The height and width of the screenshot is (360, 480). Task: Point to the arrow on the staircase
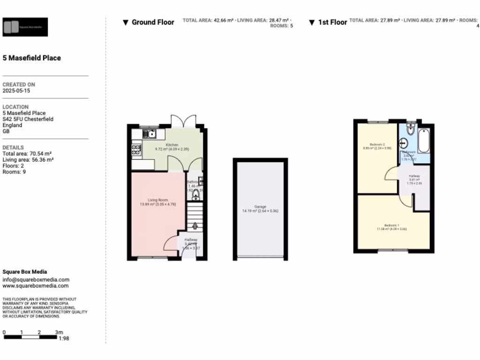pyautogui.click(x=195, y=224)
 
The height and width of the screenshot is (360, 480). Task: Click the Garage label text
pyautogui.click(x=260, y=207)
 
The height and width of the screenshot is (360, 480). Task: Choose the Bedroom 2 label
pyautogui.click(x=377, y=144)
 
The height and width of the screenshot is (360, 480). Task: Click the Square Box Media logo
pyautogui.click(x=25, y=27)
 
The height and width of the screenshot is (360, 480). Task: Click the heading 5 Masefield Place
pyautogui.click(x=32, y=58)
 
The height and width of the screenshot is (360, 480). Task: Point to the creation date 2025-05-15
pyautogui.click(x=16, y=91)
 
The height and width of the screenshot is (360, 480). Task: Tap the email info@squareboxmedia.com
pyautogui.click(x=36, y=280)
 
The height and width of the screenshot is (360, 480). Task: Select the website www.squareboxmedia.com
pyautogui.click(x=36, y=286)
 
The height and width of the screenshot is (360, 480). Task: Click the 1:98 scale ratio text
pyautogui.click(x=64, y=337)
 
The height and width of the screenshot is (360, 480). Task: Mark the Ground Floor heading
pyautogui.click(x=152, y=22)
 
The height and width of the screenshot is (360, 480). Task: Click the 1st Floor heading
pyautogui.click(x=332, y=22)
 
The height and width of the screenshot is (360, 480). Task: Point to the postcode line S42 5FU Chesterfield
pyautogui.click(x=28, y=119)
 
